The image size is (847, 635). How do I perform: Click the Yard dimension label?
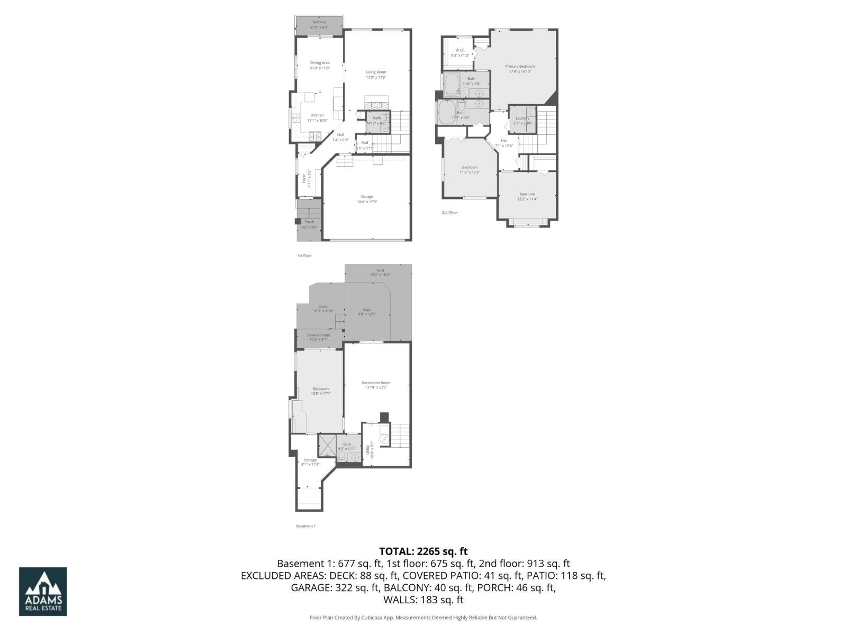click(x=380, y=275)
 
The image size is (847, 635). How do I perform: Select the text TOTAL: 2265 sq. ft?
click(x=423, y=551)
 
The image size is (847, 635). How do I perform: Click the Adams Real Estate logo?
click(x=43, y=592)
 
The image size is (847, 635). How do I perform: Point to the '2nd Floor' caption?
click(x=449, y=212)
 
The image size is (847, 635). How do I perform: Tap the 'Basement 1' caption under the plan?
click(x=305, y=526)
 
